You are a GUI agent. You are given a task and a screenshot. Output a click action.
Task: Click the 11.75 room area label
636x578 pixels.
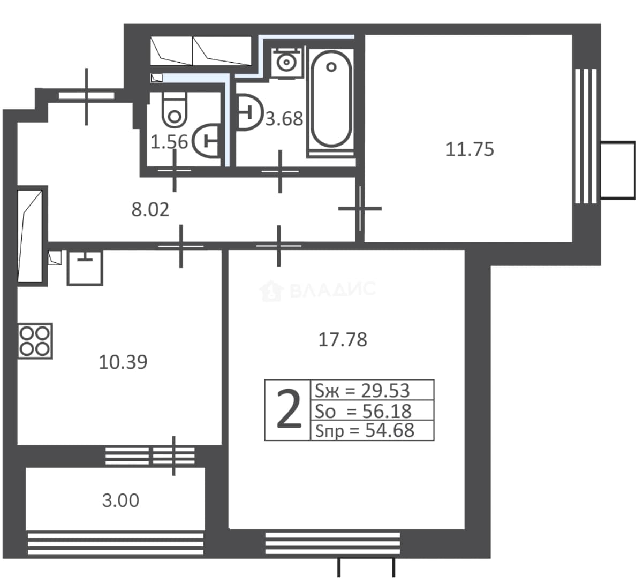[470, 149]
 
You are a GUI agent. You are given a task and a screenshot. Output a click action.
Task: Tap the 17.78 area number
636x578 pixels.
[343, 339]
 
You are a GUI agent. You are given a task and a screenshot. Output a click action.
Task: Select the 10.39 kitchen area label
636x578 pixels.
[123, 362]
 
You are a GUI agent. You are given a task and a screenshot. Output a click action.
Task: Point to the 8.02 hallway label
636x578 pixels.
[150, 210]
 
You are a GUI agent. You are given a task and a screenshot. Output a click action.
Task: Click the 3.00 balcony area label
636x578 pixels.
[120, 500]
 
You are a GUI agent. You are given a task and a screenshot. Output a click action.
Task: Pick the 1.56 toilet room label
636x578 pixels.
[169, 142]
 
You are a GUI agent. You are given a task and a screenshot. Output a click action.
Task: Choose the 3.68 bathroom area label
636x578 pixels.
[284, 119]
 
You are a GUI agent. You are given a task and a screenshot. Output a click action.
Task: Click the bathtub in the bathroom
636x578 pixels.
[331, 99]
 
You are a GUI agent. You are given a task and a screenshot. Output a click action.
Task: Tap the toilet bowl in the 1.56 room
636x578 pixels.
[175, 109]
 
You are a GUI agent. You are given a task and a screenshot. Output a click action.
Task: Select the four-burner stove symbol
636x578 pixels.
[35, 341]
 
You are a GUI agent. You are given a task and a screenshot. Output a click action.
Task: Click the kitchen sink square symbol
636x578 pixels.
[85, 268]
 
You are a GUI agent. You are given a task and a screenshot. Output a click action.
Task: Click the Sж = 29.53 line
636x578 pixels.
[362, 391]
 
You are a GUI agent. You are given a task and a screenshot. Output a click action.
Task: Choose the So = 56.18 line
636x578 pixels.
[364, 411]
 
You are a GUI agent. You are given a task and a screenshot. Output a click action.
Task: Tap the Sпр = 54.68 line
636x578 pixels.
[365, 430]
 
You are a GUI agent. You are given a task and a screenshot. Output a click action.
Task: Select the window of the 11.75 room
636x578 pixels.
[586, 136]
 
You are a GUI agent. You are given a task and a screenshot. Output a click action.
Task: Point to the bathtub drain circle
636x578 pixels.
[331, 67]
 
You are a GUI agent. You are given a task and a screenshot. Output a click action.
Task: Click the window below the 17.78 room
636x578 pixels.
[332, 544]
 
